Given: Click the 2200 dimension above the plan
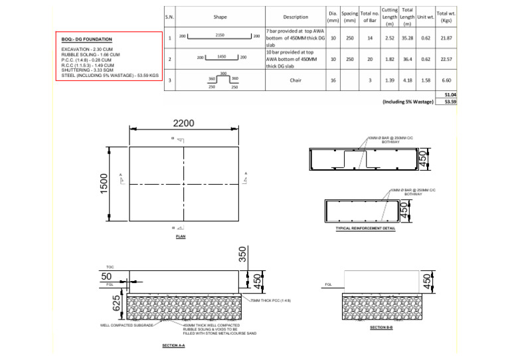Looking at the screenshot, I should coord(184,124).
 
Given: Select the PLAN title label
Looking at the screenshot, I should coord(181,236).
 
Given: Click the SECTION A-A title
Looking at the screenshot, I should coord(173,346).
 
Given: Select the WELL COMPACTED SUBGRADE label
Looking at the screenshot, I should coord(127,325).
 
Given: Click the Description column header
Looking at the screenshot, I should coord(296,17).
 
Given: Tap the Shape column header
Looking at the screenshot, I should coord(220,17).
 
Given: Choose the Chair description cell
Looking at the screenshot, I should coord(296,80).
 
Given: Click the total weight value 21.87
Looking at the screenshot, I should coord(446,38).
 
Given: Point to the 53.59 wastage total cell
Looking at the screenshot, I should coord(451,102).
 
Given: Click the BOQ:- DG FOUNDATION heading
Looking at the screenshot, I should coord(86,40).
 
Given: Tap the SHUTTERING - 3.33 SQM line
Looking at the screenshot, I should coord(91,70).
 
